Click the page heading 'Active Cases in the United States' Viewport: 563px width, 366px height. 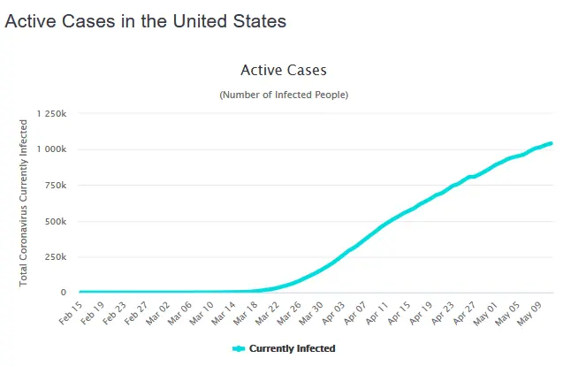point(146,22)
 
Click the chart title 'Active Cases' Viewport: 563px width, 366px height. point(284,70)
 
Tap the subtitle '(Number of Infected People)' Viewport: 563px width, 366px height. point(284,95)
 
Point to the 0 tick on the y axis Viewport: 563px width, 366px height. point(64,292)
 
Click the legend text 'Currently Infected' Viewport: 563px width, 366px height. point(292,349)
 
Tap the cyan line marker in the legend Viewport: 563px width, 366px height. point(238,349)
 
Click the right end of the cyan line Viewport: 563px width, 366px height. point(552,143)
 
